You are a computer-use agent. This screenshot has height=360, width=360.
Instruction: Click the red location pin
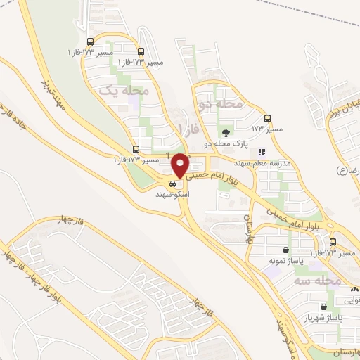pos(181,165)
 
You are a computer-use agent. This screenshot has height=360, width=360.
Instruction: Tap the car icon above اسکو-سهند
pos(173,184)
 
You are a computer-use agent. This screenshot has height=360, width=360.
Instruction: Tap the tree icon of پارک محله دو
pos(226,132)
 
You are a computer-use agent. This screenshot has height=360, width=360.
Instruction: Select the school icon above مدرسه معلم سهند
pos(262,151)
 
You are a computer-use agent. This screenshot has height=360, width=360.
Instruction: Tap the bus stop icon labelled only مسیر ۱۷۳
pos(266,119)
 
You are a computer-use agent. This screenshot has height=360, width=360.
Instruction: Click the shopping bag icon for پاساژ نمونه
pos(286,250)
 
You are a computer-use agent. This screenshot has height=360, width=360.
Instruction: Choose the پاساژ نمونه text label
pos(281,261)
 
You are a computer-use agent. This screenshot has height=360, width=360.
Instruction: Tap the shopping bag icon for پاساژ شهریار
pos(323,307)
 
